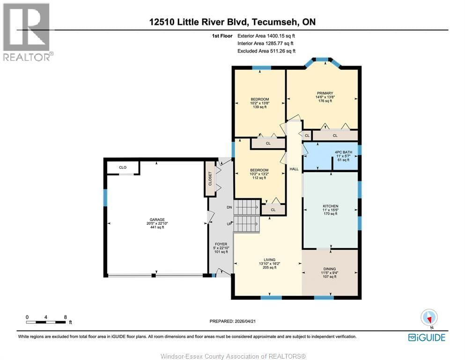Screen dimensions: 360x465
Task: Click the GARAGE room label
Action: point(156,219)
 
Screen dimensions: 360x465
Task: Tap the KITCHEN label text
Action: point(330,206)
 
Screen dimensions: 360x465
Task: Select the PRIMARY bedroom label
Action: point(325,93)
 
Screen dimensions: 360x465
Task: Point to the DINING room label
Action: point(329,269)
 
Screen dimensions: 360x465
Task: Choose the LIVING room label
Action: point(269,260)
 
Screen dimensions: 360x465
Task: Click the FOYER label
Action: point(221,244)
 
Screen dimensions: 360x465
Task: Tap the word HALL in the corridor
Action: point(294,169)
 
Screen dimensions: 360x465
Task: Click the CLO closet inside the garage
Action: point(122,167)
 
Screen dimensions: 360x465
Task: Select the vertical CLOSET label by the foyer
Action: point(210,179)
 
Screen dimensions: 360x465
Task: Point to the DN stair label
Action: point(229,207)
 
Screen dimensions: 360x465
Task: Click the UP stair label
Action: point(229,224)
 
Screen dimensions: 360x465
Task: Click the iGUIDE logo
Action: point(426,337)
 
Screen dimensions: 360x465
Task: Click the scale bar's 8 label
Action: point(65,317)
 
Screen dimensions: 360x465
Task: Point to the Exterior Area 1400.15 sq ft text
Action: point(266,36)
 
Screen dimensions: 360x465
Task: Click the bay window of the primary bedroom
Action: point(322,60)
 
